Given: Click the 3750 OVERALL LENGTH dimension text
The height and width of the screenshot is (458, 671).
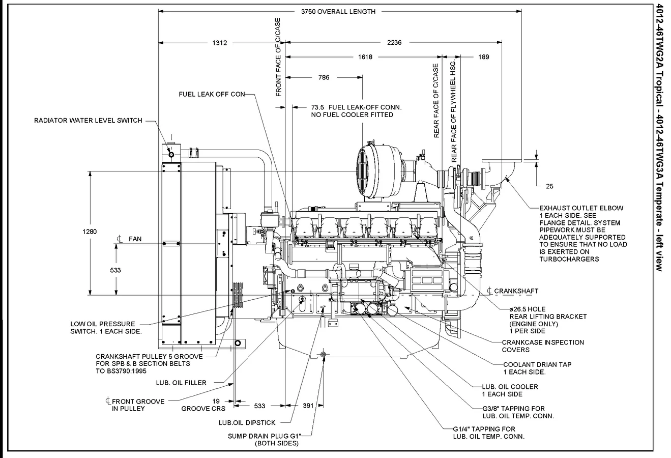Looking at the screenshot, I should click(x=338, y=12).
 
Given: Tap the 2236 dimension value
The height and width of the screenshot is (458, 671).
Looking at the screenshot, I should click(x=394, y=43).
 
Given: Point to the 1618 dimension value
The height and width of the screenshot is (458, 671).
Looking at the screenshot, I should click(x=365, y=57).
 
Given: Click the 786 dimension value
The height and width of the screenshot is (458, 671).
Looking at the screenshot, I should click(x=324, y=77).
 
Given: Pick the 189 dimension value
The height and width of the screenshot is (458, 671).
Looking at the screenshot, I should click(x=483, y=57).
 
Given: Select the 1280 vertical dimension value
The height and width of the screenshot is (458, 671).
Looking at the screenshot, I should click(x=90, y=232).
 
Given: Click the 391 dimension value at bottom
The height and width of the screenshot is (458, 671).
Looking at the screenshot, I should click(x=308, y=406).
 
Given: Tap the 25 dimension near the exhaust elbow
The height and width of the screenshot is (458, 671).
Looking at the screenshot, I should click(x=549, y=186).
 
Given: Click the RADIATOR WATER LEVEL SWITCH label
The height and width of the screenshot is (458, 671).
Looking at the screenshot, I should click(x=88, y=121).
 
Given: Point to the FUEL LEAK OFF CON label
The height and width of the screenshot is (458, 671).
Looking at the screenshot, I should click(x=212, y=94).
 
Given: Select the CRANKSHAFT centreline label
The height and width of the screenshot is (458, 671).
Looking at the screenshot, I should click(x=515, y=291).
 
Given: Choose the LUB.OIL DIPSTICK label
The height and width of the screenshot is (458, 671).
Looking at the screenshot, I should click(x=247, y=422).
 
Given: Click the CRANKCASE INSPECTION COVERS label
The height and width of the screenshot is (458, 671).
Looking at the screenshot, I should click(x=542, y=346).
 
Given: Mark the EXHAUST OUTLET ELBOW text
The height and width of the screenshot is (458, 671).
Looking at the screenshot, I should click(x=581, y=208).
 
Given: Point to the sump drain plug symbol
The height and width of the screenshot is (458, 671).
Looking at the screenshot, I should click(x=324, y=355).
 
